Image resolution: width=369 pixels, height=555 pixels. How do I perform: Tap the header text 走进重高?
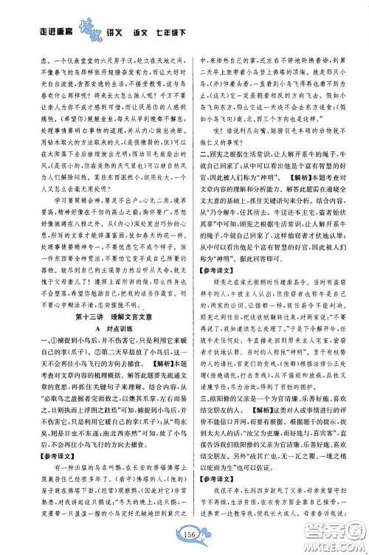pos(54,32)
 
